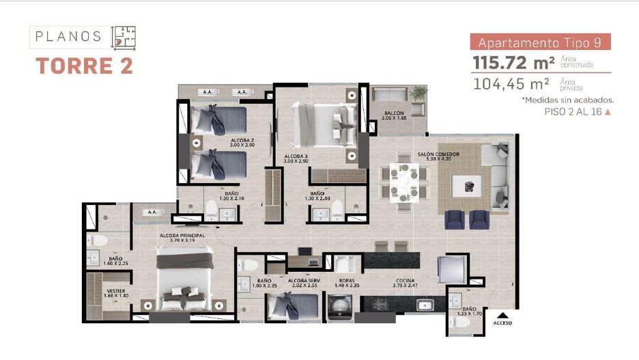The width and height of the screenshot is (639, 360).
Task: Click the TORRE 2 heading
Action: click(x=84, y=66)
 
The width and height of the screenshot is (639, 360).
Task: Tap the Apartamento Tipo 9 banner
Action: click(x=539, y=42)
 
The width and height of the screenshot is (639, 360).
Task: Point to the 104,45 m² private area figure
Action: click(x=512, y=84)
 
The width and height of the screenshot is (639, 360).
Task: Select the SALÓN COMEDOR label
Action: click(x=438, y=154)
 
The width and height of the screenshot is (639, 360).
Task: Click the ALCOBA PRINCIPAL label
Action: click(x=182, y=235)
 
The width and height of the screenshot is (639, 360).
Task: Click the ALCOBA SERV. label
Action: click(x=304, y=281)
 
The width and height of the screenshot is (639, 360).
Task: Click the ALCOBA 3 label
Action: click(x=296, y=156)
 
